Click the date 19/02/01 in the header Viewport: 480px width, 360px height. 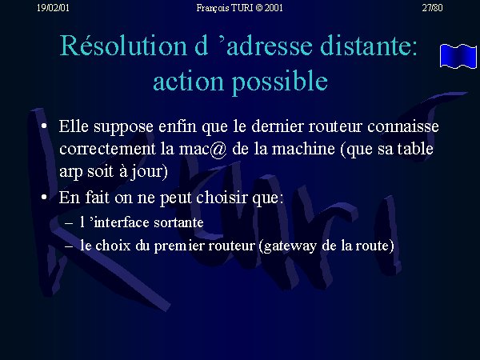(53, 8)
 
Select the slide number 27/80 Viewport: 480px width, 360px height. (432, 8)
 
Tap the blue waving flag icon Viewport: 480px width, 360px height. (458, 56)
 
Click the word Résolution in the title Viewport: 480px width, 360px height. (123, 46)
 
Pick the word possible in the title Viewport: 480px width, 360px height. (280, 82)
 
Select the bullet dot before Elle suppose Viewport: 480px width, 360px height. (44, 126)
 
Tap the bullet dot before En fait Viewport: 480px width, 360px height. (44, 198)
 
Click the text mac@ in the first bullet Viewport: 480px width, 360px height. (202, 149)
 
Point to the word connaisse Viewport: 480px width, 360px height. (403, 126)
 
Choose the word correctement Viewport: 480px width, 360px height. (107, 149)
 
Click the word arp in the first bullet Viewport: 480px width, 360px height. (71, 172)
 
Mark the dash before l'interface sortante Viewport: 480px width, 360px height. (69, 223)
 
